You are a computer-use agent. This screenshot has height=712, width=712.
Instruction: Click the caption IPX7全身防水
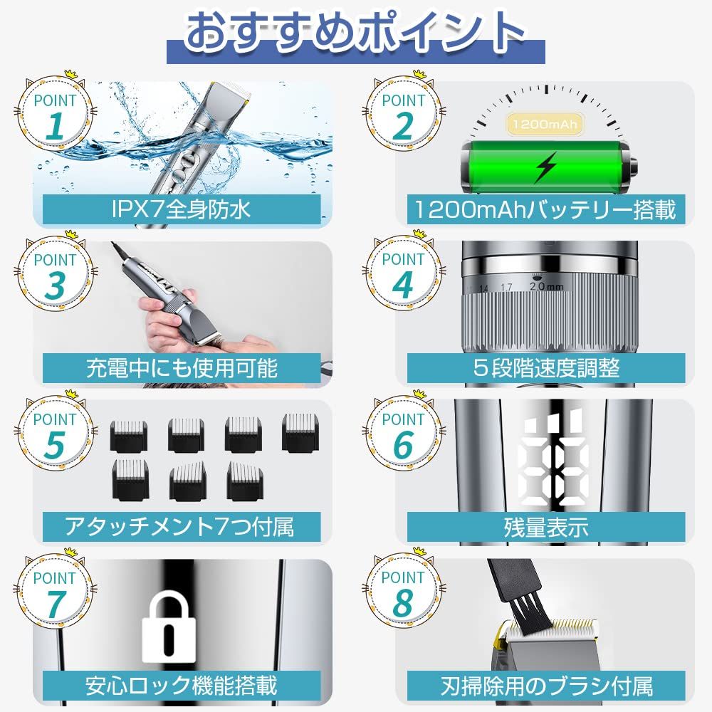[x=182, y=209]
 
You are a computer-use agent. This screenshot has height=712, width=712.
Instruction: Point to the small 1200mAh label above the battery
[x=545, y=125]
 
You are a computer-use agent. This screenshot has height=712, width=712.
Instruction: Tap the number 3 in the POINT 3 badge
[x=55, y=286]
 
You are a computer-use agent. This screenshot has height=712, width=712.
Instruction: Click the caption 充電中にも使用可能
[x=182, y=368]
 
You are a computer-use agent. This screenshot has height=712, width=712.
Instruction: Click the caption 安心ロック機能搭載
[x=182, y=686]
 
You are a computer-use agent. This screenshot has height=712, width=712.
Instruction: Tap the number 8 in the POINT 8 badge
[x=403, y=604]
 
